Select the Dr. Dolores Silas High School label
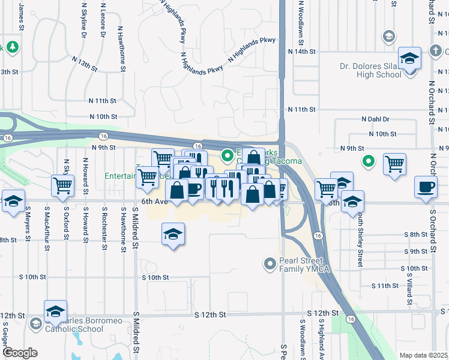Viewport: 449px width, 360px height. click(370, 70)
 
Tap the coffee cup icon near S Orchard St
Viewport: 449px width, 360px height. click(426, 187)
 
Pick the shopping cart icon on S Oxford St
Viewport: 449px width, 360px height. click(62, 186)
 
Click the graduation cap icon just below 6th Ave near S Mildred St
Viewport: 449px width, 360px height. click(173, 235)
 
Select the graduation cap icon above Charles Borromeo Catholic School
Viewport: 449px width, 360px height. click(55, 311)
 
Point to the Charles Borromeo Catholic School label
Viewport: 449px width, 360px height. click(66, 325)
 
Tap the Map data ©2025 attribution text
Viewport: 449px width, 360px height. click(424, 355)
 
